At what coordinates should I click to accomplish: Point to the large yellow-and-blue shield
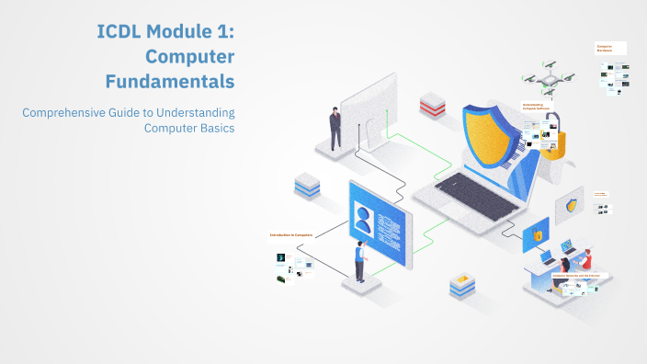[x=495, y=138]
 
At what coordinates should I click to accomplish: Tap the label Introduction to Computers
[x=291, y=235]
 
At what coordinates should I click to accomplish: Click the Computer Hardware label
[x=604, y=48]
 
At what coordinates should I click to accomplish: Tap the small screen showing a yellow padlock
[x=536, y=235]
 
